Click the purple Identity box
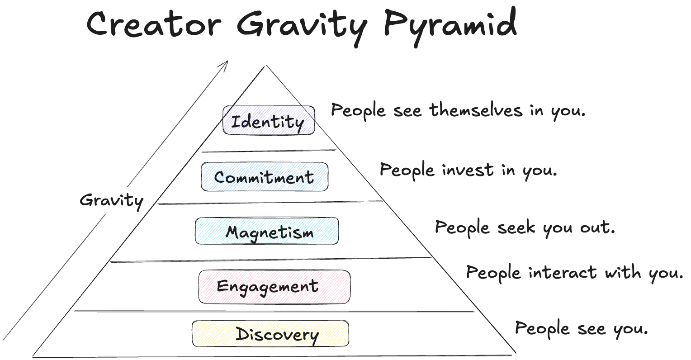click(x=269, y=120)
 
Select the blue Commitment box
click(x=265, y=177)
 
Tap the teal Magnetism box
click(x=267, y=231)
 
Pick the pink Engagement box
click(x=274, y=287)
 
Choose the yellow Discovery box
click(x=270, y=334)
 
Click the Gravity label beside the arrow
click(x=111, y=200)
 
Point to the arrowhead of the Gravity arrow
click(x=226, y=63)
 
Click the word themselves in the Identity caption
click(x=476, y=110)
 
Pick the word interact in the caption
click(x=562, y=272)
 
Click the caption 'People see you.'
click(x=582, y=328)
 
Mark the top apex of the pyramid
click(x=266, y=66)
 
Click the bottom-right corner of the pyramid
click(x=515, y=352)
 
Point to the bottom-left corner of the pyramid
click(x=33, y=355)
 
